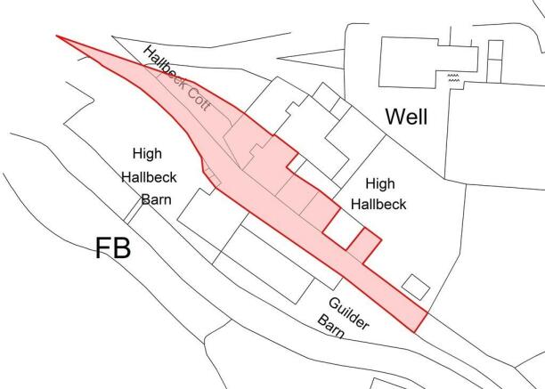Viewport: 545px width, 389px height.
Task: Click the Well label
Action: click(406, 117)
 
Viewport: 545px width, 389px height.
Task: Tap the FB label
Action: click(113, 248)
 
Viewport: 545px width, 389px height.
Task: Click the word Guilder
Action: click(348, 313)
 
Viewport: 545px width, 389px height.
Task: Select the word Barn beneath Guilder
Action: click(331, 327)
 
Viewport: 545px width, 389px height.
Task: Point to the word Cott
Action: click(199, 98)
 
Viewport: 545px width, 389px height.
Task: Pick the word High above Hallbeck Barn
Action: click(147, 153)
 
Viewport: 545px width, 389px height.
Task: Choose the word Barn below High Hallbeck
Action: click(157, 199)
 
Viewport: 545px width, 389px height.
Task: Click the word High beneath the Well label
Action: click(380, 183)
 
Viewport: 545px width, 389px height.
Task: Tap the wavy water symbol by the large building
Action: click(453, 77)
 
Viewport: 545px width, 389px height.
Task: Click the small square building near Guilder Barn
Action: click(416, 288)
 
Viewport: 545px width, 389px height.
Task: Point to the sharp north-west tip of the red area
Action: click(57, 36)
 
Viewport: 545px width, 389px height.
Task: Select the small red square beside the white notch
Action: click(364, 246)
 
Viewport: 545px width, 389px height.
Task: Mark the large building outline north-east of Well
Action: click(428, 62)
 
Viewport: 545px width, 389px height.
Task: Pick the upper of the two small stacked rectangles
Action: click(495, 50)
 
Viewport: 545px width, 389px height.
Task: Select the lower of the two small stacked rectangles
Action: click(494, 71)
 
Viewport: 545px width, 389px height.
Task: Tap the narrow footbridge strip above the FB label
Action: click(134, 211)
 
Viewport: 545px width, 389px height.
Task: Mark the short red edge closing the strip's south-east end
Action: click(420, 322)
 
